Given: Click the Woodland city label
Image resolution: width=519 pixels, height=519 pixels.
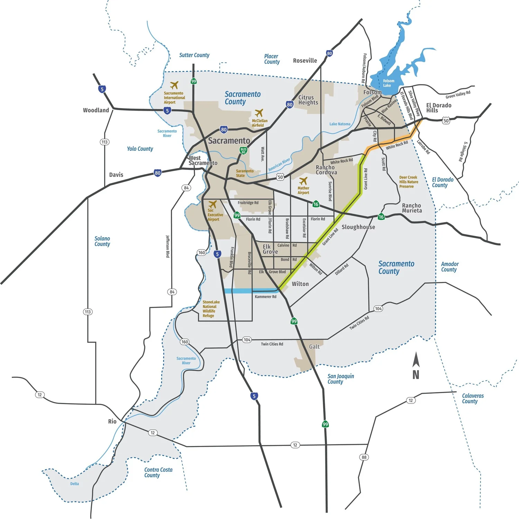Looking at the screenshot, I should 96,110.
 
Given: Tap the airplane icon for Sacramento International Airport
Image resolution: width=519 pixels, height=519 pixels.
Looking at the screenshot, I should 174,85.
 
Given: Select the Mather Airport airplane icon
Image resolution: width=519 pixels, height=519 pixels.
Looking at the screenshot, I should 303,181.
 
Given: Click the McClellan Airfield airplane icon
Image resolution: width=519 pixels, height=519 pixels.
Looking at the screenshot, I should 259,113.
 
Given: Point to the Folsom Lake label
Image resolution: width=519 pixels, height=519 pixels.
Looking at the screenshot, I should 388,83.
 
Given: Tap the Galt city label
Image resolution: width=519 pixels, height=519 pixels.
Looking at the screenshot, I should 314,346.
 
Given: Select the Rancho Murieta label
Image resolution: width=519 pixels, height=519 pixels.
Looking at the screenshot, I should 412,208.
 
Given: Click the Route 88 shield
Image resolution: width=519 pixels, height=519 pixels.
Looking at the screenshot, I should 364,457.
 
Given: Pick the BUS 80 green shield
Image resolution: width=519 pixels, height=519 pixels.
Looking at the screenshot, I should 244,151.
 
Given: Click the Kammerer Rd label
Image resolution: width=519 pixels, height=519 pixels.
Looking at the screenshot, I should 265,297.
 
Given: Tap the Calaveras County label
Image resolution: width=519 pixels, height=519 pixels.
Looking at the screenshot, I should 473,398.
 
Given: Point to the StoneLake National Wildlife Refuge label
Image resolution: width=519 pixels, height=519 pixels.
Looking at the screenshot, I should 211,309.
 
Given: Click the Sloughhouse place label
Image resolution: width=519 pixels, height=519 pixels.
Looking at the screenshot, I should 358,227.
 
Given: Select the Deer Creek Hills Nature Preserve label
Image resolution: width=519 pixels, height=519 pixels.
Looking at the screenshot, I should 409,182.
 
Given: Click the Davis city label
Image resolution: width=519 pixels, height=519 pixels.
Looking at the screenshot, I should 116,175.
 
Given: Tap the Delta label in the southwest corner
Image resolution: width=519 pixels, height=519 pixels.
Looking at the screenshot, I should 74,484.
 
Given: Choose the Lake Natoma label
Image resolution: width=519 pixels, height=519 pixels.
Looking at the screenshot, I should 340,124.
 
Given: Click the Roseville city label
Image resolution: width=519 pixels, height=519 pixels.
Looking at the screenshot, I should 305,61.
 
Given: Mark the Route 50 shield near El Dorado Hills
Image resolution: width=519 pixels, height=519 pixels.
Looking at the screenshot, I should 446,121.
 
